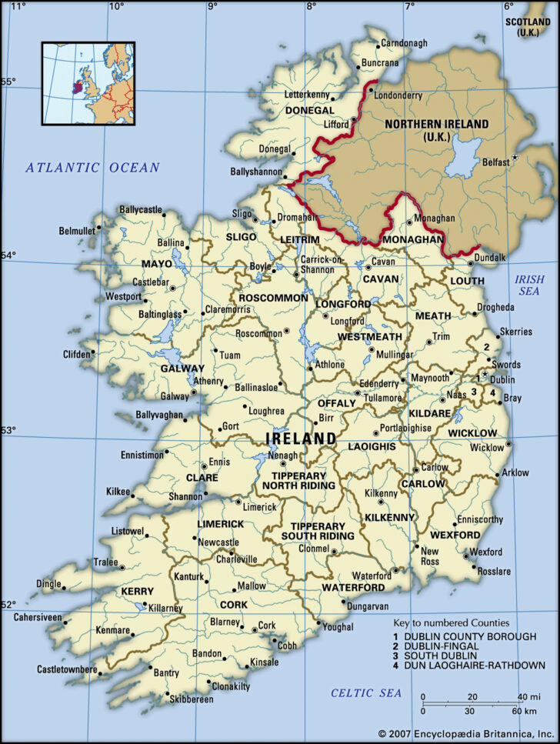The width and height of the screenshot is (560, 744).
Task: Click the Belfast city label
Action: click(x=495, y=162)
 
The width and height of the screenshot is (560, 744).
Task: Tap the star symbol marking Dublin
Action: click(x=485, y=375)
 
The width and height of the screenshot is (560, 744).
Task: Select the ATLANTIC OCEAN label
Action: click(x=92, y=167)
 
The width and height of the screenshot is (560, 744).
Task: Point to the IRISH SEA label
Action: click(x=529, y=286)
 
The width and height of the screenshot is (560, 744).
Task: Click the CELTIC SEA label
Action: click(x=366, y=693)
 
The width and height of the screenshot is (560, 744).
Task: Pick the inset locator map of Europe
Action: click(x=88, y=84)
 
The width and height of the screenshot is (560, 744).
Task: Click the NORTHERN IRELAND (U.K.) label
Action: click(x=436, y=130)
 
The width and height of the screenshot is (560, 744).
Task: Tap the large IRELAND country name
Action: click(x=301, y=439)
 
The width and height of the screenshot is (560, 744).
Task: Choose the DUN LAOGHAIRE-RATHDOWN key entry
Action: click(x=475, y=666)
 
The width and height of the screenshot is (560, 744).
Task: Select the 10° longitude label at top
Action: click(x=116, y=6)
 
